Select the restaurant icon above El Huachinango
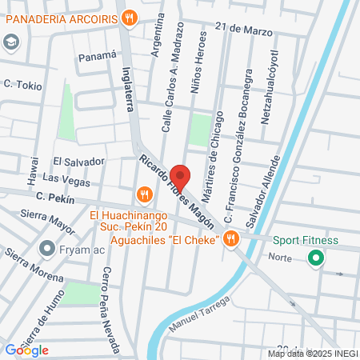coord(145,194)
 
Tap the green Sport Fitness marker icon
coord(315,258)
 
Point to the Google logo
coord(26,350)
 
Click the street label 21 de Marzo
coord(250,29)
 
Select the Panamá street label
coord(97,57)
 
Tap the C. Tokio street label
coord(22,84)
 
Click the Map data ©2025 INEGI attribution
coord(312,353)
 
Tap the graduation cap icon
coord(11,42)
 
